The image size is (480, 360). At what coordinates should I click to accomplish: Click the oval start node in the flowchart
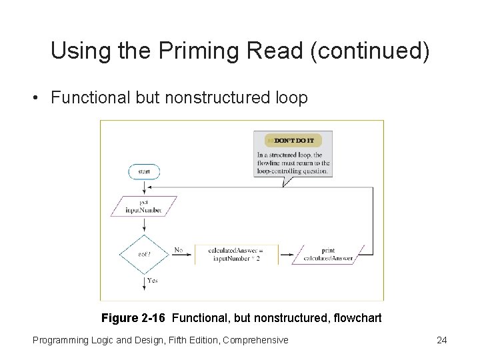point(144,171)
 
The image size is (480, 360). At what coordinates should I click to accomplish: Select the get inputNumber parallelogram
point(144,206)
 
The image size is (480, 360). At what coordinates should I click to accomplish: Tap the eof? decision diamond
point(144,254)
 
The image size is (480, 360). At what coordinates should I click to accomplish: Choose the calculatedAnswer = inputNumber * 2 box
point(237,254)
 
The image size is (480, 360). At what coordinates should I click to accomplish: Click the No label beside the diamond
point(179,250)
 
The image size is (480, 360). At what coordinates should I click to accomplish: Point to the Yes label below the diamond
point(153,281)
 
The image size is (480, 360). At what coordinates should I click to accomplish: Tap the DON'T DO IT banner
point(293,140)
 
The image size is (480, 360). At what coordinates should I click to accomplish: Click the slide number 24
point(441,340)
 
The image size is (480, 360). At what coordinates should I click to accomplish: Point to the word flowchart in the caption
point(357,318)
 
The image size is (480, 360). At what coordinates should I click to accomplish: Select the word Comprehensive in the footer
point(255,340)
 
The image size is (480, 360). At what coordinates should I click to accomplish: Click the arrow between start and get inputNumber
point(144,187)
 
